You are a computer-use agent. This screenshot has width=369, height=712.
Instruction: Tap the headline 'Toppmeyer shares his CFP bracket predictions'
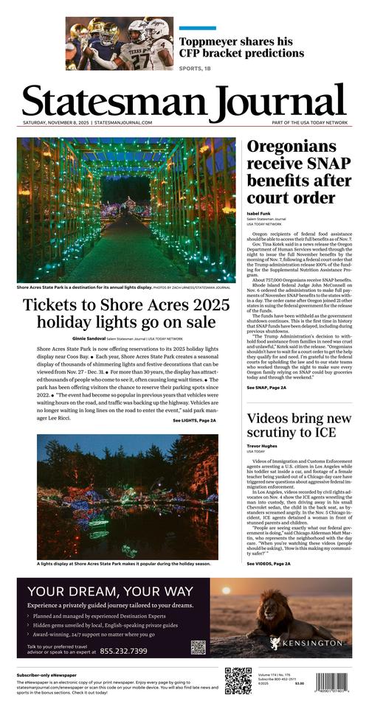pos(236,49)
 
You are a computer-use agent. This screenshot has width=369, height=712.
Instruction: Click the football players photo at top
pos(119,43)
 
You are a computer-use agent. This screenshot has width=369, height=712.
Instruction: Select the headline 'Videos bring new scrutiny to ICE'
pos(297,426)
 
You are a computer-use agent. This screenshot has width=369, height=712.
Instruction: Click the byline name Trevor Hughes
pos(262,446)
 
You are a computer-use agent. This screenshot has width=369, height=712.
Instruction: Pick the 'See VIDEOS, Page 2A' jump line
pos(269,563)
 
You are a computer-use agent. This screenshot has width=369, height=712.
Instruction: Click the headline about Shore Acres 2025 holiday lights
pos(120,314)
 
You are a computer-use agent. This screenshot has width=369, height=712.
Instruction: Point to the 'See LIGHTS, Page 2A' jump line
pos(194,420)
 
